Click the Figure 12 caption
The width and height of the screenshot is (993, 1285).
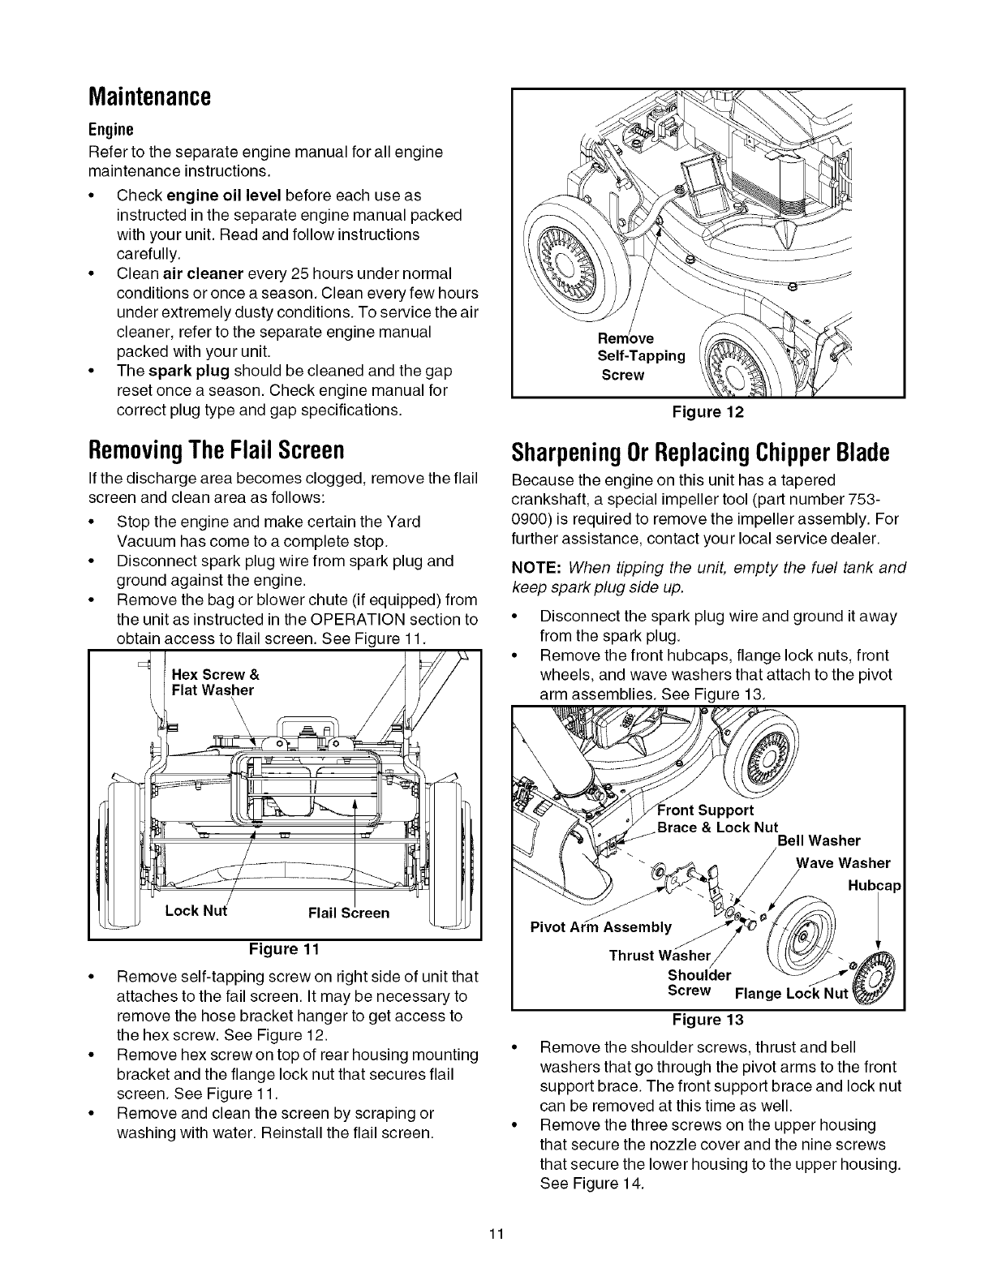[x=708, y=411]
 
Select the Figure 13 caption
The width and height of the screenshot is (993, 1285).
[x=708, y=1019]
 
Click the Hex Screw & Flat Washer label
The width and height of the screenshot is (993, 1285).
[x=215, y=682]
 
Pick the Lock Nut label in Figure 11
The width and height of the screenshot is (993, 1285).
[x=196, y=910]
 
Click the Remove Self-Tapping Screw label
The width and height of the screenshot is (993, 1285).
[x=641, y=356]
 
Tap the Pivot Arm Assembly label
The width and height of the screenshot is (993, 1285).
[x=600, y=927]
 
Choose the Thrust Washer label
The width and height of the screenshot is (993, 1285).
[x=660, y=954]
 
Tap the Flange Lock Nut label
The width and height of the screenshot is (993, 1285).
[x=790, y=994]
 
